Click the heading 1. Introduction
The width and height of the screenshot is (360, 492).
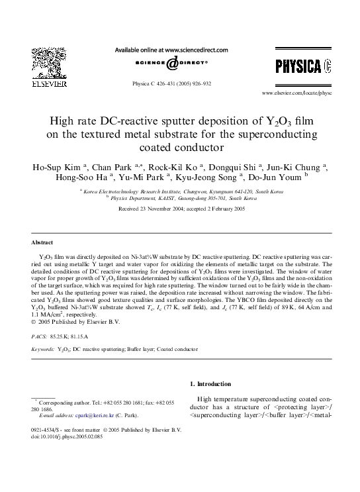[x=210, y=384]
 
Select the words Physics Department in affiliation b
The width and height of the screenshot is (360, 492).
[x=132, y=198]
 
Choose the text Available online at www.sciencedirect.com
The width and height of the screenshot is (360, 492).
[x=171, y=50]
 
